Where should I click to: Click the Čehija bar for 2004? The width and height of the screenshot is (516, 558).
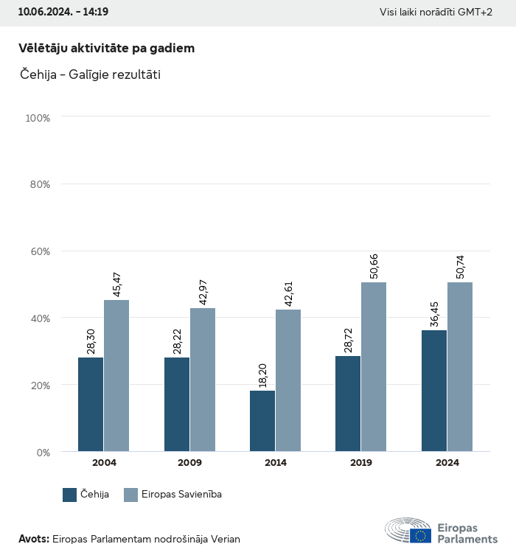click(x=91, y=404)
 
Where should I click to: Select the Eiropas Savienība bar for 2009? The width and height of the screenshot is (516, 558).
click(x=203, y=380)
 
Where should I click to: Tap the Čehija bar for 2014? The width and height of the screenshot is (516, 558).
click(x=262, y=421)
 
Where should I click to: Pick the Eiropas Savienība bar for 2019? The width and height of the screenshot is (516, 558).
click(x=374, y=366)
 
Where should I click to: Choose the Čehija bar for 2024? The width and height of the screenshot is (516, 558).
click(x=433, y=391)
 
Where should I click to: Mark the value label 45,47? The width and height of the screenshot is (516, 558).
click(x=116, y=284)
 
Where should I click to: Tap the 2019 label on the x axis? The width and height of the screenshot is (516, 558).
click(x=361, y=463)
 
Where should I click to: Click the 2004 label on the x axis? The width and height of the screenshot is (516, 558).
click(x=104, y=463)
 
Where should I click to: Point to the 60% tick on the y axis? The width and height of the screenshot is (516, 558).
click(x=38, y=251)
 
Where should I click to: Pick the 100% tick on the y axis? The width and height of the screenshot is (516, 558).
click(x=37, y=118)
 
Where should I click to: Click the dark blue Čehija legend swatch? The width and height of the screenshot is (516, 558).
click(x=70, y=495)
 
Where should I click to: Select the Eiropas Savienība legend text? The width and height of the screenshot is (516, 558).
click(x=182, y=495)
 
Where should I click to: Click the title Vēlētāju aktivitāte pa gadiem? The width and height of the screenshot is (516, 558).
click(x=106, y=48)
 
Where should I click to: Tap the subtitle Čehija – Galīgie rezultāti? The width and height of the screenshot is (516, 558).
click(x=89, y=74)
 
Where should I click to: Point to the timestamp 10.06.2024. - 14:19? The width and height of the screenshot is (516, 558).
click(x=63, y=12)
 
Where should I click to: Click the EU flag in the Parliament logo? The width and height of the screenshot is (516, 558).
click(x=422, y=536)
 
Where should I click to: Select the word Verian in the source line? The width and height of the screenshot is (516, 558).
click(x=225, y=539)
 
